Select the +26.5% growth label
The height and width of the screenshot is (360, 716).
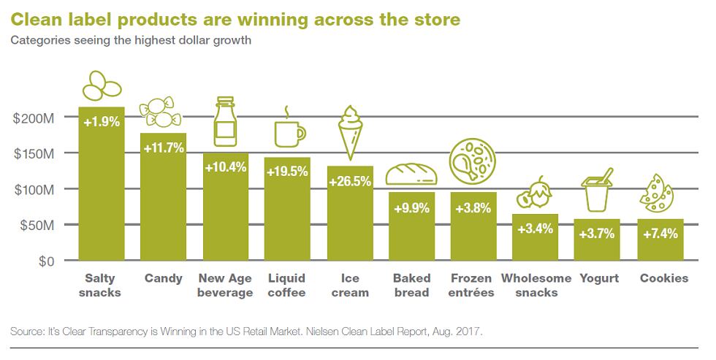(x=349, y=181)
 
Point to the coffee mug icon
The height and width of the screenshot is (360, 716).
(x=289, y=132)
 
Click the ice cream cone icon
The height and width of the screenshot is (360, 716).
(x=349, y=132)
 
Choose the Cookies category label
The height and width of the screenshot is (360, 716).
(x=663, y=278)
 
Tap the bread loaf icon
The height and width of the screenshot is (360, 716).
(x=411, y=174)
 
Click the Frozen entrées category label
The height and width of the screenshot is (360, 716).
(x=472, y=286)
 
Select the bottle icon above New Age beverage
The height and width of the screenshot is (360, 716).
(x=225, y=121)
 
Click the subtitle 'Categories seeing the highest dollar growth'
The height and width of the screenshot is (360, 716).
(x=130, y=40)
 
